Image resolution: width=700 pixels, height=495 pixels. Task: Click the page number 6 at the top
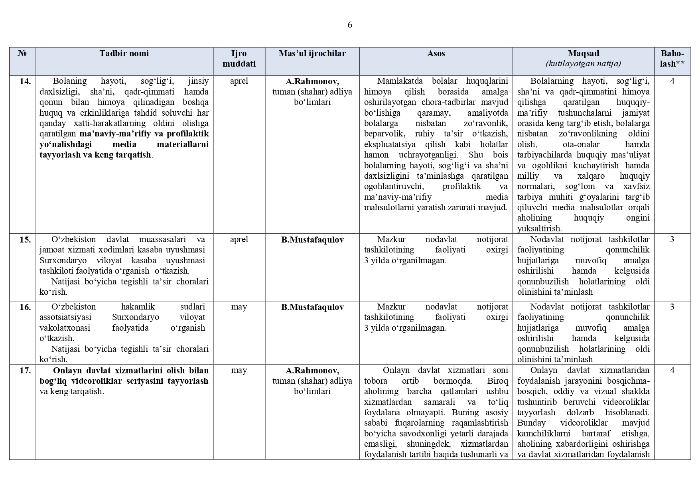(350, 25)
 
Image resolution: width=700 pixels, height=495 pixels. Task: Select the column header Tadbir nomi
(124, 53)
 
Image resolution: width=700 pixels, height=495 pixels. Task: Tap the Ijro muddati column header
(239, 59)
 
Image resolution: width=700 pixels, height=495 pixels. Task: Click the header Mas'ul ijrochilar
(312, 53)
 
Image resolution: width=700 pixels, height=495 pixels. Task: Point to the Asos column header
(436, 53)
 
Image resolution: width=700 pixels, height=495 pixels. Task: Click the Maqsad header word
(583, 53)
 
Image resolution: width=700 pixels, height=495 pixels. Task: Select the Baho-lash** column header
(672, 59)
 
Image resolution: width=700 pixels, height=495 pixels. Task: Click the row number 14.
(25, 81)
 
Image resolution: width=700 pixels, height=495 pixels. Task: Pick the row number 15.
(25, 240)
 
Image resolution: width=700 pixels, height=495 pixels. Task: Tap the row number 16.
(25, 307)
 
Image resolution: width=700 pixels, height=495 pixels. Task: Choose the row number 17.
(25, 371)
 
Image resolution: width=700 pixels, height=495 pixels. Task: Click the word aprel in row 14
(239, 81)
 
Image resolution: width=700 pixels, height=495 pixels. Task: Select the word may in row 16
(239, 307)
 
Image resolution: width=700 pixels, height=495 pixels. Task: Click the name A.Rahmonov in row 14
(312, 81)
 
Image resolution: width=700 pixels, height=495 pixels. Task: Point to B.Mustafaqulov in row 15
(312, 240)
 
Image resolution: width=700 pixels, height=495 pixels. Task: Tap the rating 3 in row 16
(672, 307)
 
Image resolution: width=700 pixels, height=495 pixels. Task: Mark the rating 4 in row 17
(672, 371)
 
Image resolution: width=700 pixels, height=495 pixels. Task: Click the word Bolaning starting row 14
(70, 81)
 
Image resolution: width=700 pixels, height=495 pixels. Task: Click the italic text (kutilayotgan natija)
(583, 64)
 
